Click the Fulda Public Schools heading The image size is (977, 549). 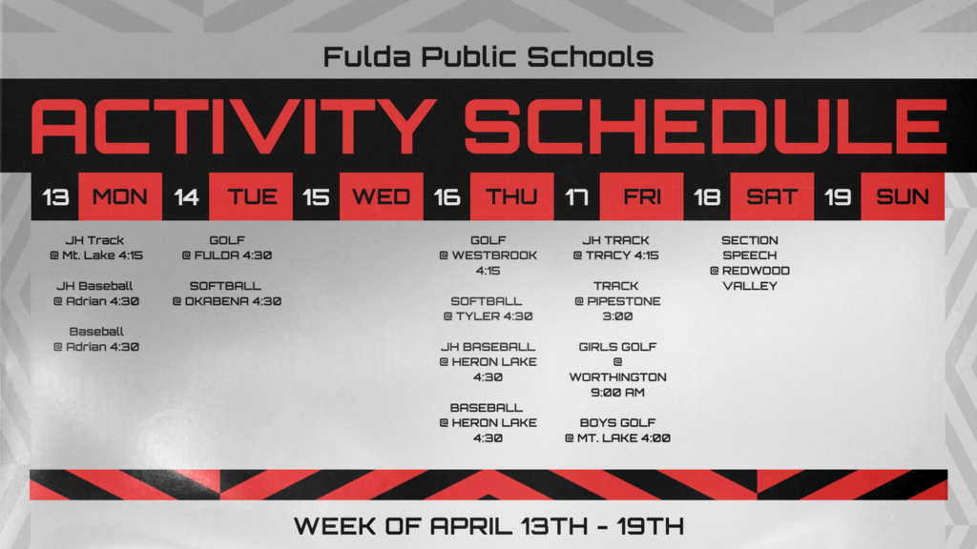coord(488,57)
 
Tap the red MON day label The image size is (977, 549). coord(120,197)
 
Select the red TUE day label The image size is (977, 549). coord(252,197)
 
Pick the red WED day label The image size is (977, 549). coord(381,197)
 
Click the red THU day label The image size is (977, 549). coord(512,197)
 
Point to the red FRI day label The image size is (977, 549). coord(642,197)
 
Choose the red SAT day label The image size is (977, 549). coord(772,197)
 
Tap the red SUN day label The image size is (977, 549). coord(903,197)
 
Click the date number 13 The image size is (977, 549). coord(56,197)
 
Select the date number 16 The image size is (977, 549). coord(447,197)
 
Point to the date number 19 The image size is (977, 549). coord(838,197)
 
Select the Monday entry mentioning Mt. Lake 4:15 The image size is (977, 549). coord(95,248)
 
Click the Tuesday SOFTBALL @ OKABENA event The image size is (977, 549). coord(226,294)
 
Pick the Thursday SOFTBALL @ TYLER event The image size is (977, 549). coord(488,309)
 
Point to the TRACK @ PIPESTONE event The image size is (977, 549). coord(616,301)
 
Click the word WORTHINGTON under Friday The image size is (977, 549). coord(617,377)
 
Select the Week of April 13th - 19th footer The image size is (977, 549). coord(488,525)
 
